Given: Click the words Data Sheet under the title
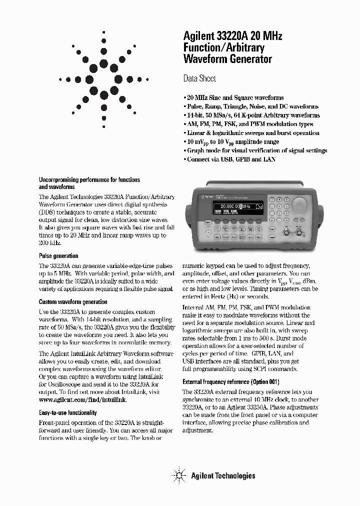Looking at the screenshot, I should (x=199, y=78).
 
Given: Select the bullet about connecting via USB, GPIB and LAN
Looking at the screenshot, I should (x=229, y=159).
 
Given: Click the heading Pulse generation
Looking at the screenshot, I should (x=58, y=256).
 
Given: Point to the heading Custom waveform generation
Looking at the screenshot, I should (x=73, y=302).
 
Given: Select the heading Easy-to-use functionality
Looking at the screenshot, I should (x=68, y=413).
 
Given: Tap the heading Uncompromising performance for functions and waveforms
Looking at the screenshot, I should (x=89, y=183).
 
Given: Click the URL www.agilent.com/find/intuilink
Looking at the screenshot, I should (x=82, y=400).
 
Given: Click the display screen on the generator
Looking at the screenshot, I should (x=240, y=207).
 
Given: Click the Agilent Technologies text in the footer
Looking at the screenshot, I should (x=223, y=475).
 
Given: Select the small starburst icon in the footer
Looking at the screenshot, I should (x=178, y=474).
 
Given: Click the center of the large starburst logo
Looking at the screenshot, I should (x=104, y=79).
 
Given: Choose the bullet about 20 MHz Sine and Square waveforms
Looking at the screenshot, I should (x=233, y=97).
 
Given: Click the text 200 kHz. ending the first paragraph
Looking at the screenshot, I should (x=49, y=243).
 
